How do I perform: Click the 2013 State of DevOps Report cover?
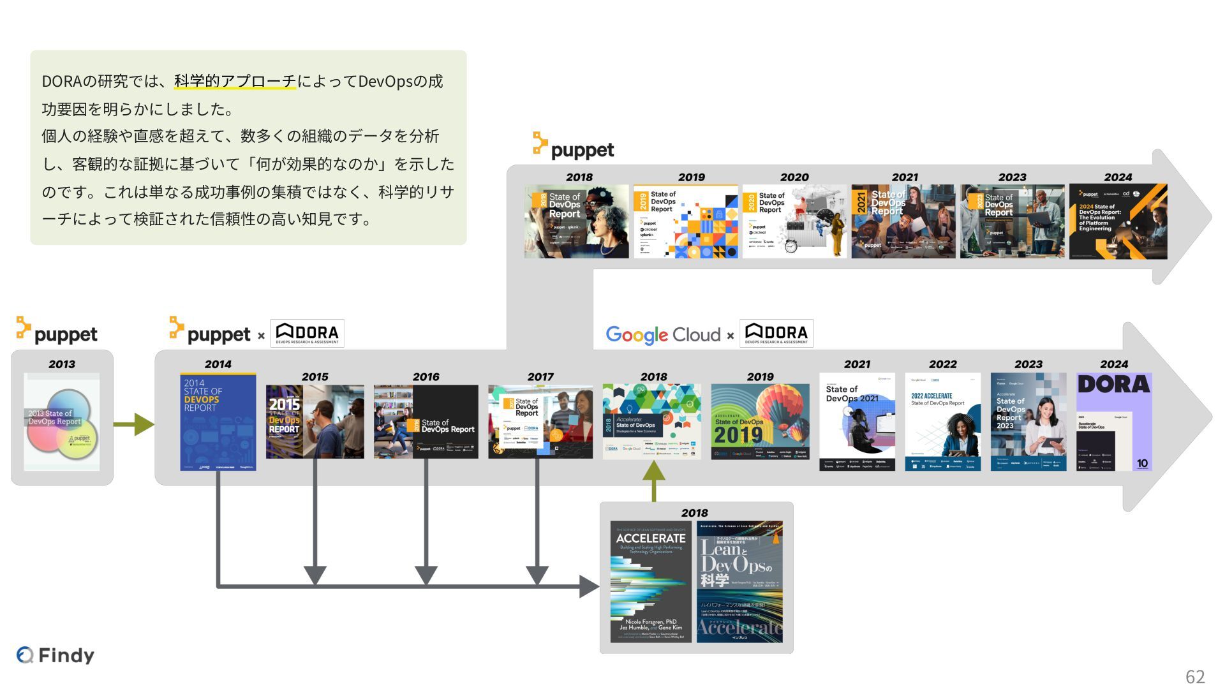click(62, 422)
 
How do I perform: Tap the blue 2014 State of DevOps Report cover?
click(218, 422)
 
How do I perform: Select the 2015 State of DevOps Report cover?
click(315, 421)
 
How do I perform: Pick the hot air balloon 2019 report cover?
click(760, 421)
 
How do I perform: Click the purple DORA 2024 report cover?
click(1114, 422)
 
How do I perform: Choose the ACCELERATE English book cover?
click(651, 581)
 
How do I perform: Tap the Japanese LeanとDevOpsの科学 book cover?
click(739, 581)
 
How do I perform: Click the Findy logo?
click(56, 655)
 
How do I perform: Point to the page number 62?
click(1195, 676)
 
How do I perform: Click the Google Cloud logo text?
click(663, 334)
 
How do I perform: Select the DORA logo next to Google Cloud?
click(776, 333)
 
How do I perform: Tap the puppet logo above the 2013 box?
click(57, 331)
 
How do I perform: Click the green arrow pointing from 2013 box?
click(133, 424)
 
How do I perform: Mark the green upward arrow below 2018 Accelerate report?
click(653, 480)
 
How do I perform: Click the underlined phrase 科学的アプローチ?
click(235, 82)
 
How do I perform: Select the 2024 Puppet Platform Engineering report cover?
click(1118, 221)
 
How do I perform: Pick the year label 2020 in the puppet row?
click(794, 177)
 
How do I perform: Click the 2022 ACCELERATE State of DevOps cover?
click(942, 422)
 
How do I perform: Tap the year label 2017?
click(540, 377)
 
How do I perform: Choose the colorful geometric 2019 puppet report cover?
click(685, 221)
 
